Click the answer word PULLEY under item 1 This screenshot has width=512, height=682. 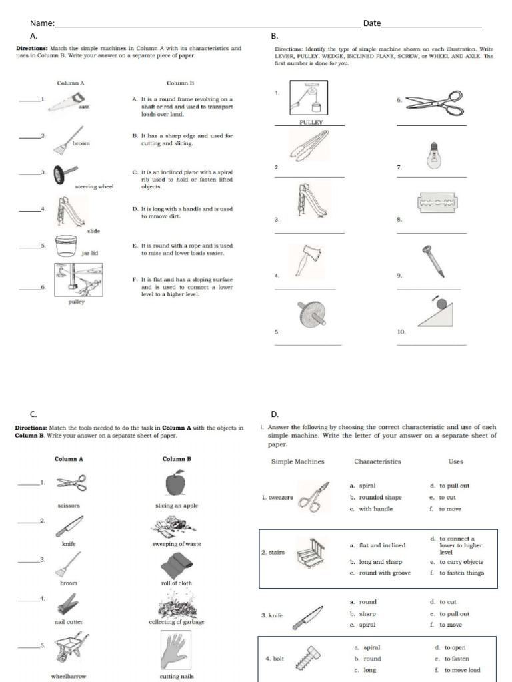(311, 123)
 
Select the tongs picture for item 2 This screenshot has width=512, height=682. (308, 144)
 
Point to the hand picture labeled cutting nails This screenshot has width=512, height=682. (177, 650)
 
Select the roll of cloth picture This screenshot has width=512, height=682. (177, 566)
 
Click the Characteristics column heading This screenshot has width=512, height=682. (377, 461)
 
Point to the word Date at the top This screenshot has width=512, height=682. (372, 23)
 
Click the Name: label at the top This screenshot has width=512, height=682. (41, 23)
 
